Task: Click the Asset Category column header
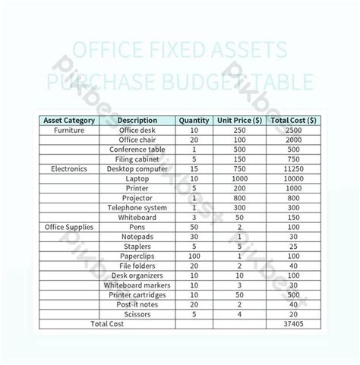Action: tap(69, 120)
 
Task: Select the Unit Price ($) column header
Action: tap(240, 120)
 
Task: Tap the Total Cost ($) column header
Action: tap(294, 120)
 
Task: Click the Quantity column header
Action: tap(194, 120)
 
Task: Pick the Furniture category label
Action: tap(69, 130)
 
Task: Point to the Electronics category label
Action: tap(69, 168)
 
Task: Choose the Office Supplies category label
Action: tap(69, 227)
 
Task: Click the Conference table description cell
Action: tap(137, 149)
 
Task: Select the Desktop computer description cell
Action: tap(137, 168)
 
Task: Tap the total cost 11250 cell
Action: tap(294, 168)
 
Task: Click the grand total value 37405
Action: tap(294, 323)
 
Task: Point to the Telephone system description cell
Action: tap(137, 207)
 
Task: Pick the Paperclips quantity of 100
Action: tap(194, 256)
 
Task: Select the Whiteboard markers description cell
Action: tap(137, 285)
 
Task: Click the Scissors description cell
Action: tap(137, 313)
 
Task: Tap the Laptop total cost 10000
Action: tap(294, 178)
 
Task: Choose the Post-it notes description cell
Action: tap(137, 304)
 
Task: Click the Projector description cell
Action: tap(137, 197)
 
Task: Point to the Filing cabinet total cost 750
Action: tap(294, 159)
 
